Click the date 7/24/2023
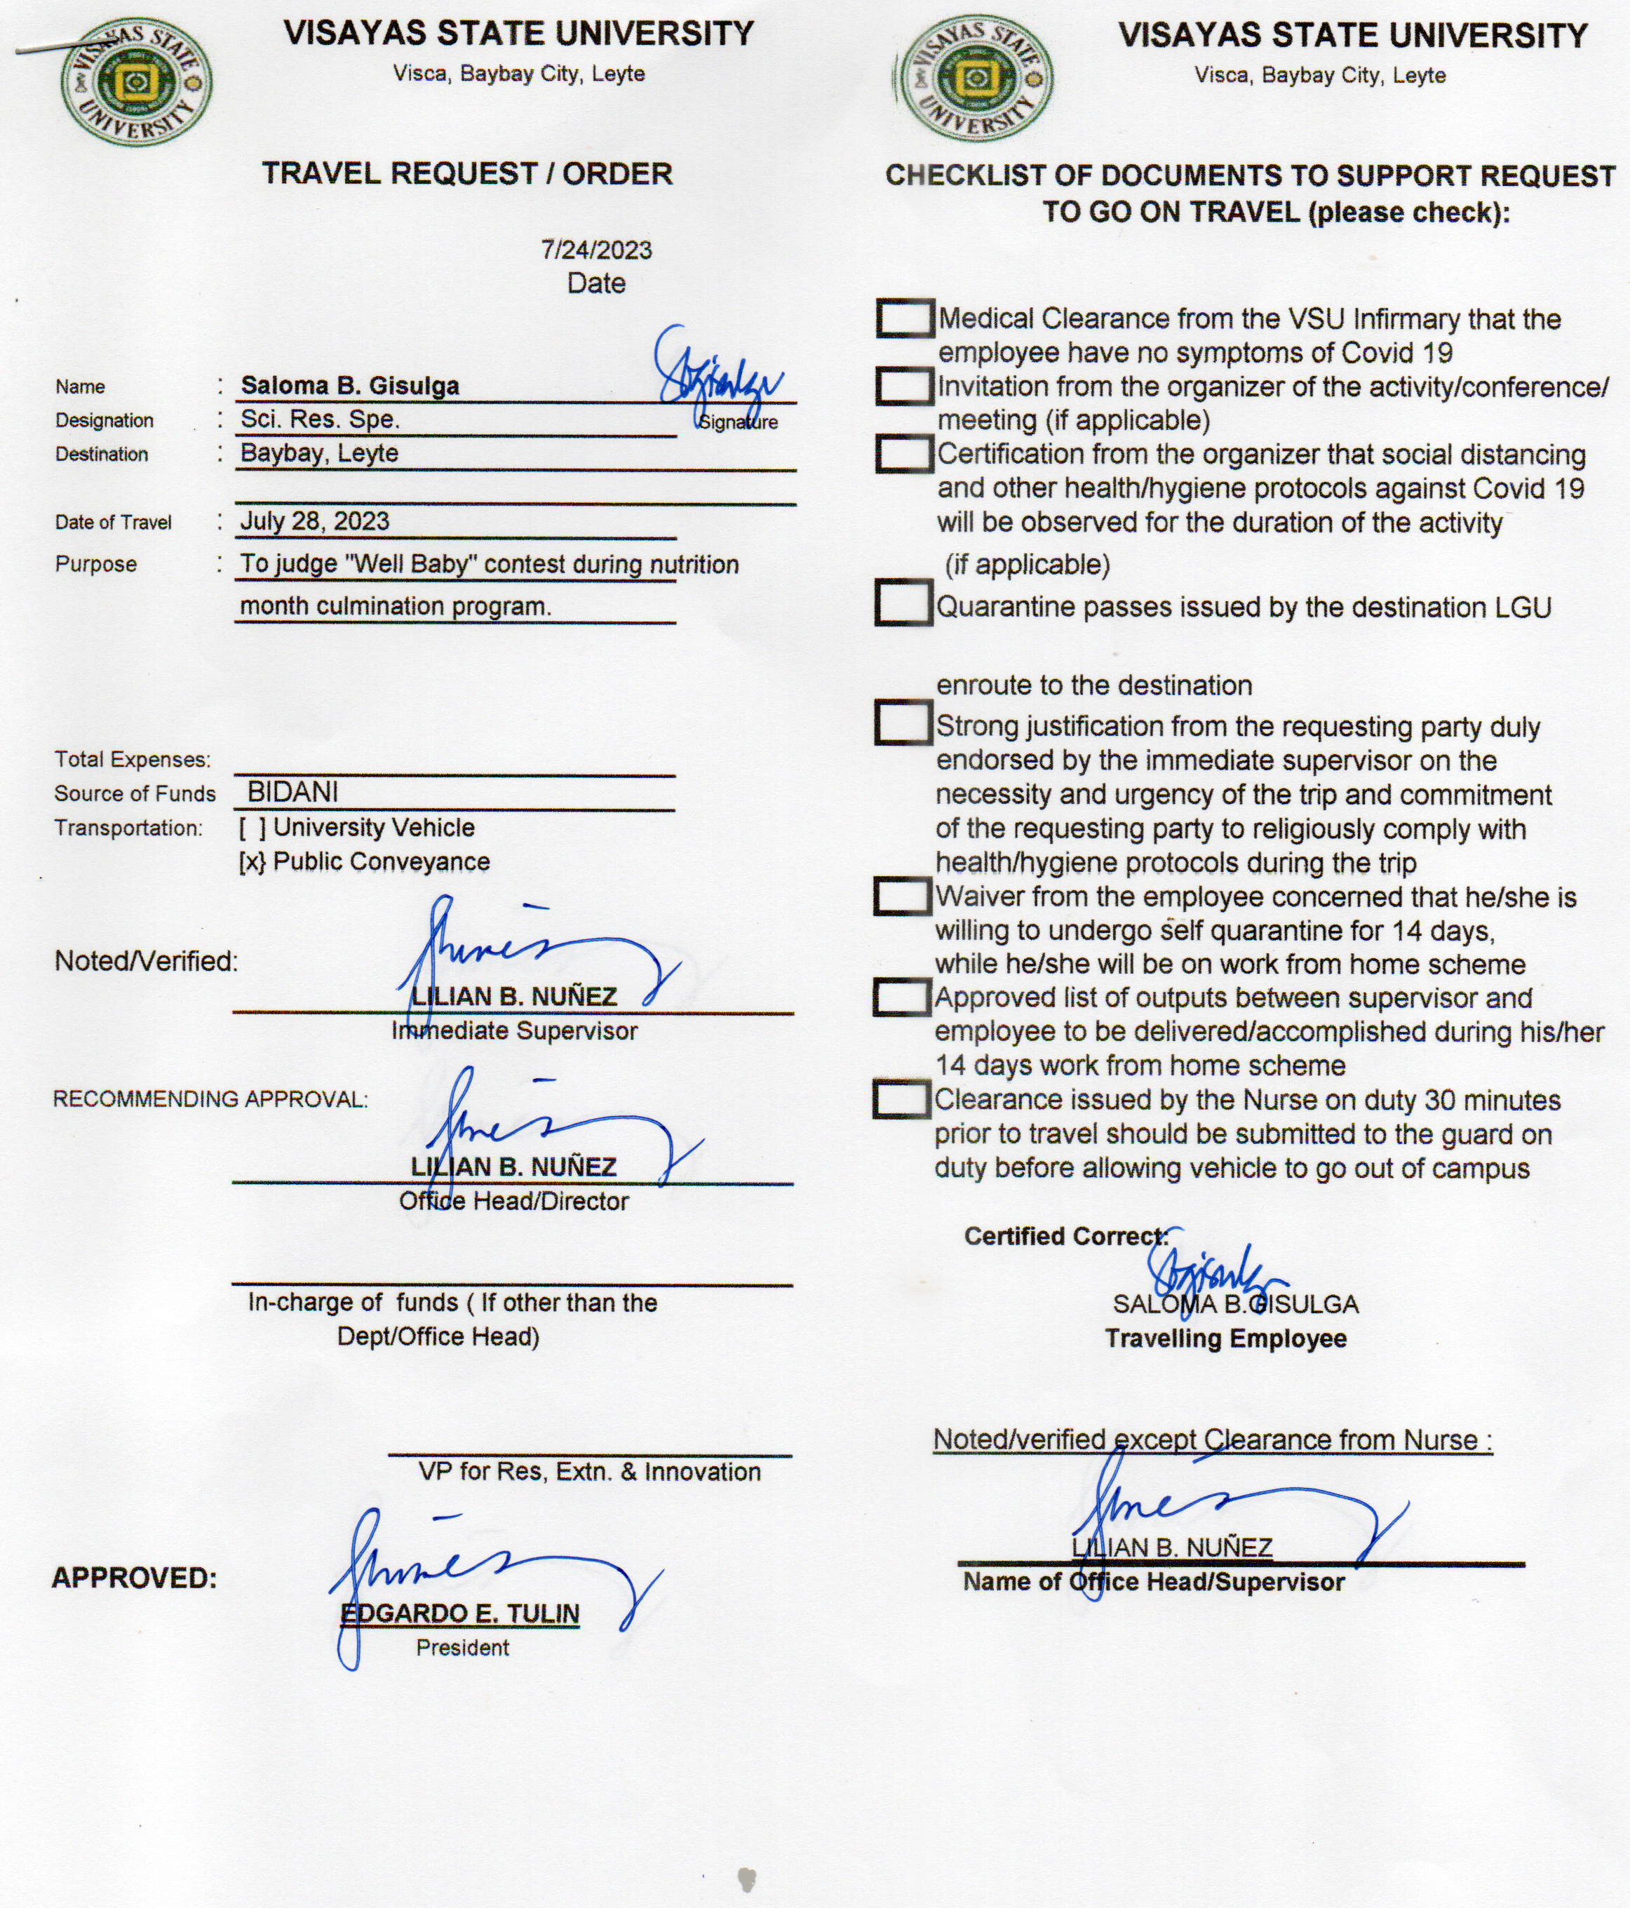click(596, 250)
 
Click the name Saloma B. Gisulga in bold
click(350, 386)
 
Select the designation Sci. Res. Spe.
click(320, 420)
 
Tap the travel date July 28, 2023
click(315, 521)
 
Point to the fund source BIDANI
click(293, 792)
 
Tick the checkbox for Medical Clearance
click(903, 318)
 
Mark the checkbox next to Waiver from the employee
click(901, 896)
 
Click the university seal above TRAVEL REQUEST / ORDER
click(135, 83)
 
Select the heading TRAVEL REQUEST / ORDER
click(467, 173)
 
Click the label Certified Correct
click(1065, 1237)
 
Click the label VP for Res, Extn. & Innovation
click(589, 1472)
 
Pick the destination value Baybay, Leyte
click(320, 453)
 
